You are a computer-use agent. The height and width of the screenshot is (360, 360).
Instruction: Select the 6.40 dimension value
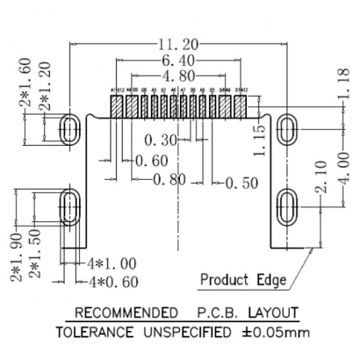pyautogui.click(x=180, y=61)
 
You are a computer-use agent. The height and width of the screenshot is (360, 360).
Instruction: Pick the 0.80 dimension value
pyautogui.click(x=171, y=181)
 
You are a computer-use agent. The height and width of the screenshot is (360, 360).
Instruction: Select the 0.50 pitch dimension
pyautogui.click(x=239, y=183)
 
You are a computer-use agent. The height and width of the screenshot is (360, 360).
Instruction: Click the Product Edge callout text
pyautogui.click(x=244, y=280)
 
